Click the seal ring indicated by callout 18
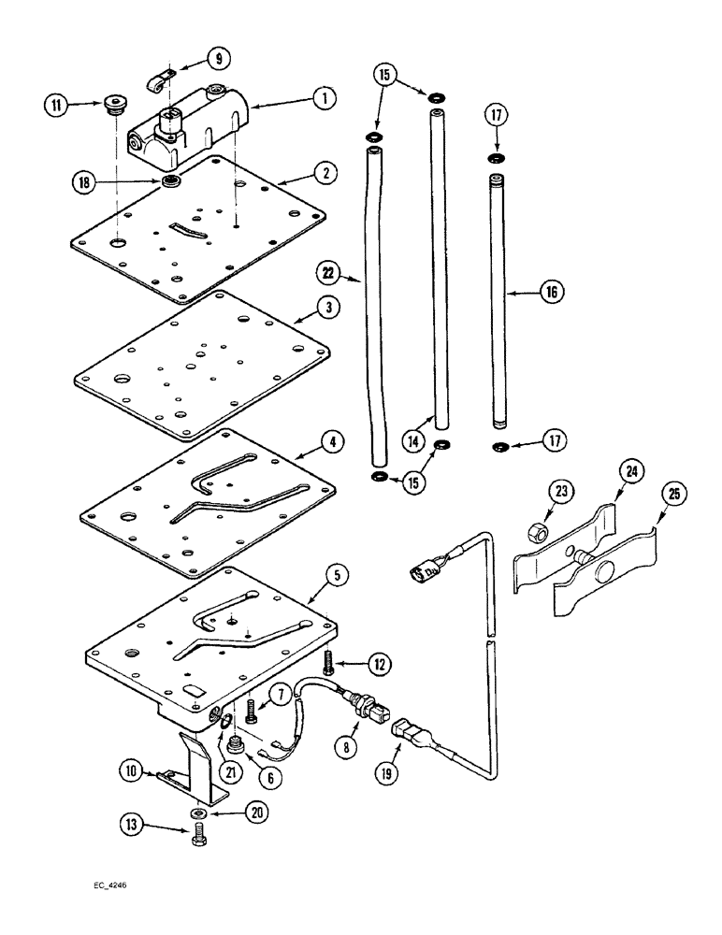(x=171, y=180)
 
